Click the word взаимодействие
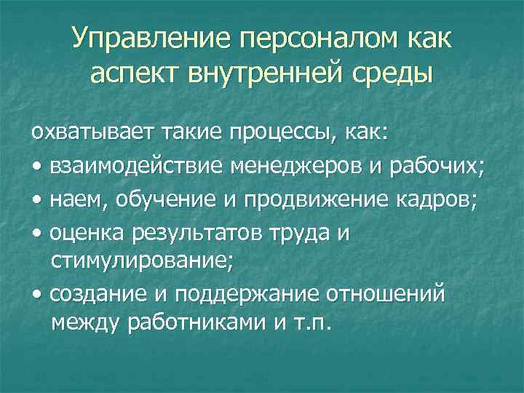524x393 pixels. point(136,167)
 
